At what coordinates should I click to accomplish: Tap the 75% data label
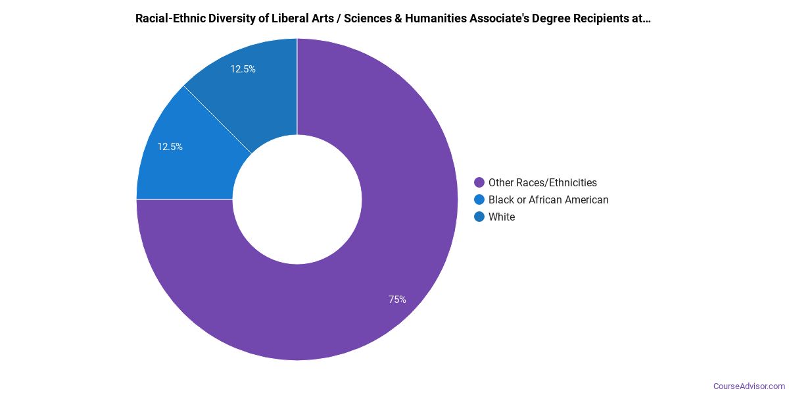point(397,300)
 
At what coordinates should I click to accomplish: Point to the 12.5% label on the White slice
point(243,68)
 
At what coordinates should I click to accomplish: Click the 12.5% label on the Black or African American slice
point(170,147)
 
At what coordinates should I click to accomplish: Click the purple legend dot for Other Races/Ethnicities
point(479,182)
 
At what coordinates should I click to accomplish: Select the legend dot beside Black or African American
point(479,199)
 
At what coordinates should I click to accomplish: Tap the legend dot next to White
point(479,217)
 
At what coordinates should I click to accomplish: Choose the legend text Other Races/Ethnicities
point(542,182)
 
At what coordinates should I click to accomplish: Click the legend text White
point(502,217)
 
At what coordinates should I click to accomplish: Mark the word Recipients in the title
point(601,18)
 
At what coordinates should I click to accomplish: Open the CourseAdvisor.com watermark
point(749,386)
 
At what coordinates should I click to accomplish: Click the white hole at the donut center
point(297,199)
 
